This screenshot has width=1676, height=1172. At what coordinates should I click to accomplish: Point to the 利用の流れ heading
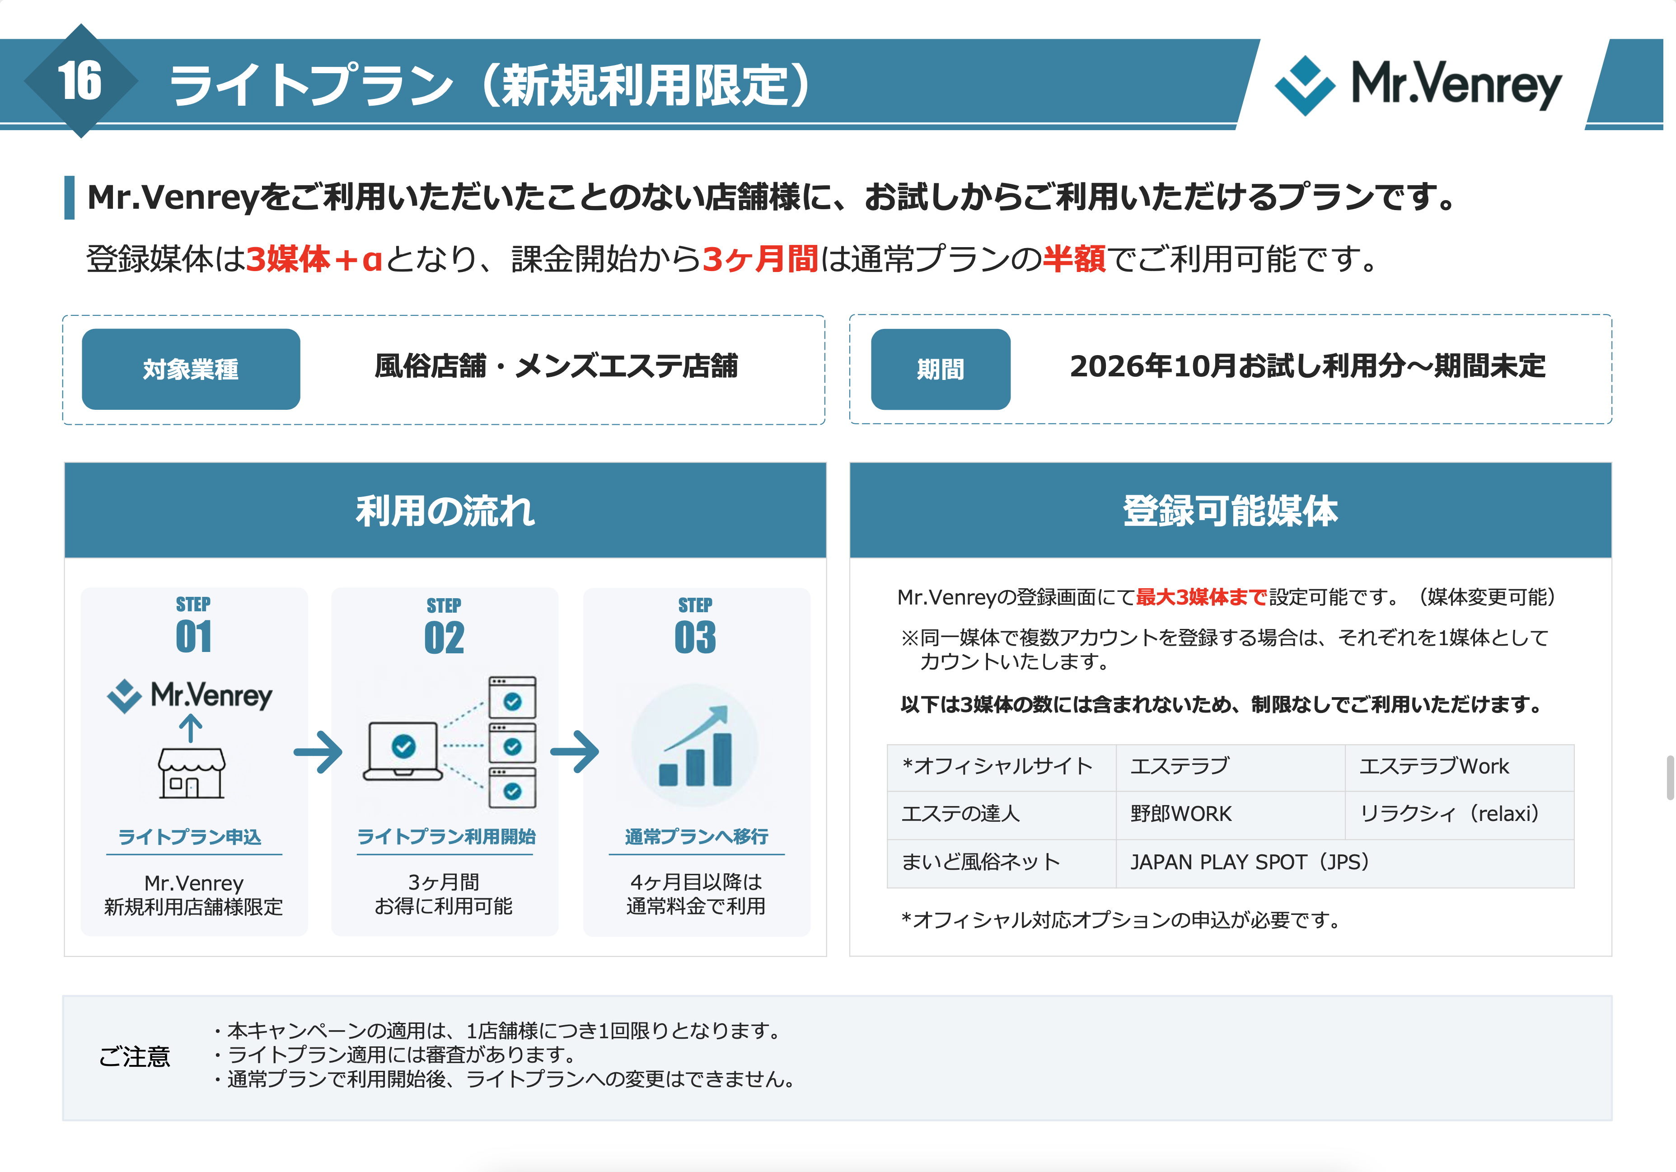445,511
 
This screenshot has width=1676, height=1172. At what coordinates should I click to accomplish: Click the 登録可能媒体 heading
1231,511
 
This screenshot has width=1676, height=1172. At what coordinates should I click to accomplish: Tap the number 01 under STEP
193,636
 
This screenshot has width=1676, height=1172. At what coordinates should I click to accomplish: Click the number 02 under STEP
444,638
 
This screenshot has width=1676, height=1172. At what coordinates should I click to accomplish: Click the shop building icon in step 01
191,773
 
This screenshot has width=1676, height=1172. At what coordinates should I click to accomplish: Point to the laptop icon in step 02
403,750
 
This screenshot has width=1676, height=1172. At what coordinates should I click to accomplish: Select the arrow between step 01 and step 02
318,751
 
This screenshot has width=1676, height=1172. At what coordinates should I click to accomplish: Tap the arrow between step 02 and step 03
575,751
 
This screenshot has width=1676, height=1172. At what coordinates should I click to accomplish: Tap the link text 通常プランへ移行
697,836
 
